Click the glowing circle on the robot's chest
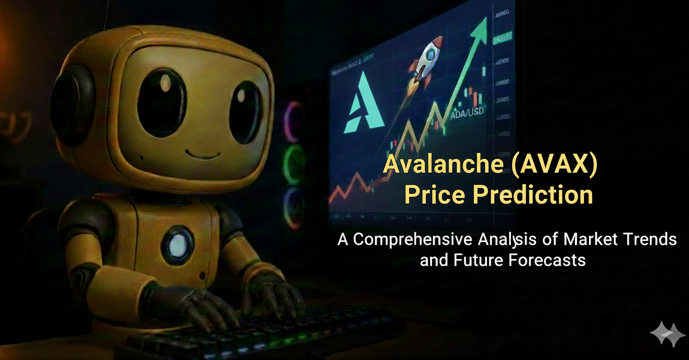click(x=177, y=244)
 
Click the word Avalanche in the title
click(x=443, y=164)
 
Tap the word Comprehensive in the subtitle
click(x=413, y=239)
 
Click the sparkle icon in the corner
click(x=667, y=334)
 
